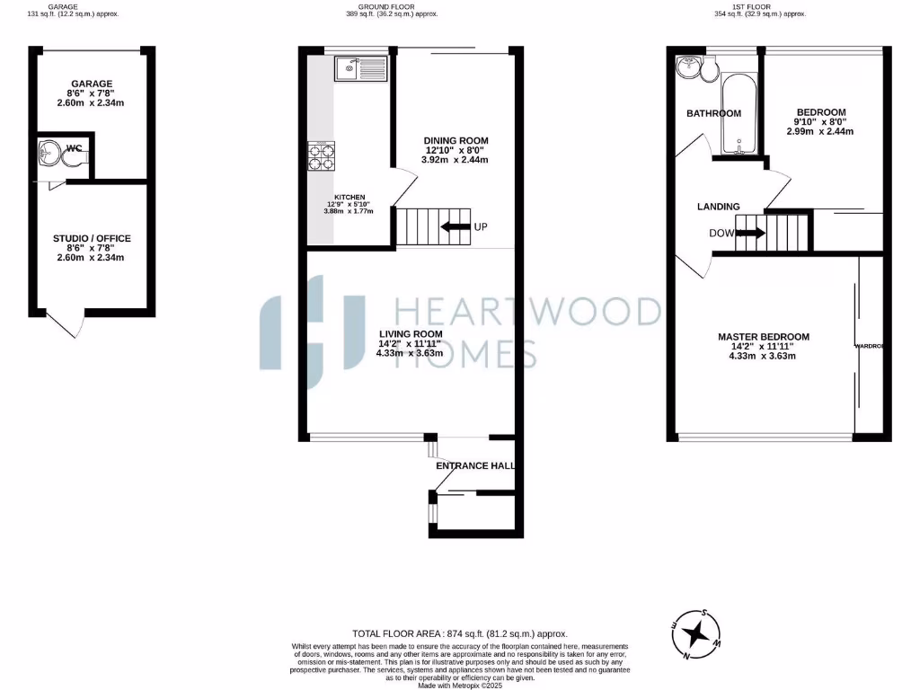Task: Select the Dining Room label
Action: tap(456, 140)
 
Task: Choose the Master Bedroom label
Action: tap(763, 337)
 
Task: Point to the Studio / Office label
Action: tap(91, 238)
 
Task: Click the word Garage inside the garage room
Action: tap(92, 84)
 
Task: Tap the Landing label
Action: tap(718, 207)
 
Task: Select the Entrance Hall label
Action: tap(473, 466)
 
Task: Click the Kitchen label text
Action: tap(349, 197)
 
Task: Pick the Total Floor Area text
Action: tap(460, 633)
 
